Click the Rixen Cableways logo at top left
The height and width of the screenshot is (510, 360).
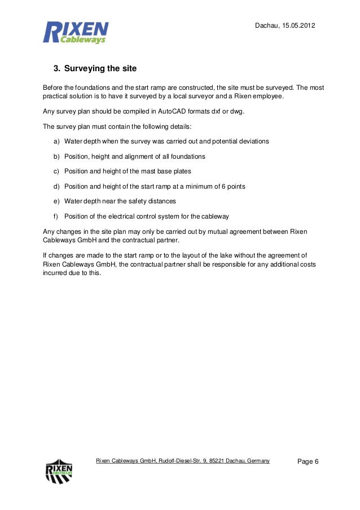pos(76,32)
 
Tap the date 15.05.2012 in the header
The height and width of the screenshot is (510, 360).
pos(299,26)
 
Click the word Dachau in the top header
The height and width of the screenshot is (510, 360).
pos(267,26)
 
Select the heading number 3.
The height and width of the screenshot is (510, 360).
pos(56,69)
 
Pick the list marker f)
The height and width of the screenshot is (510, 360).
pos(56,216)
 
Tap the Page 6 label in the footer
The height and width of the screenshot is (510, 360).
pos(308,462)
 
